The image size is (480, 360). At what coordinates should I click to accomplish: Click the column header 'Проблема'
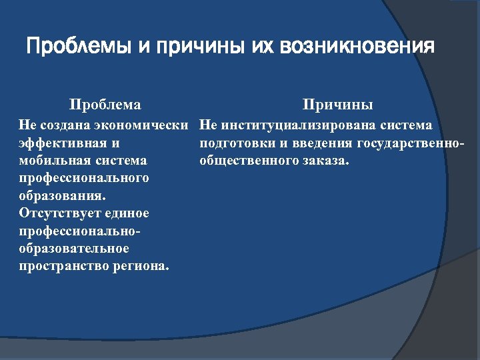tap(105, 105)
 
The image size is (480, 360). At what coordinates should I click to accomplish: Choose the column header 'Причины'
tap(337, 105)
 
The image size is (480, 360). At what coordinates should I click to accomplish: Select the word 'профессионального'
tap(84, 178)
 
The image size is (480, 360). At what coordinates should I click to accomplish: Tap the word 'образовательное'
tap(74, 249)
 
